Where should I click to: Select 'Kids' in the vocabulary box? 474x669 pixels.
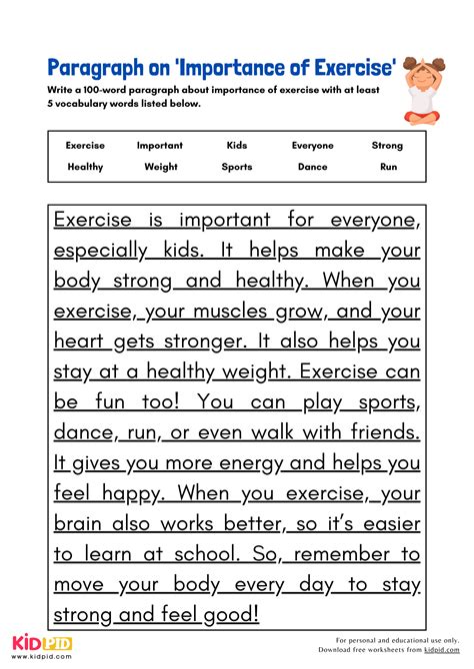[x=237, y=146]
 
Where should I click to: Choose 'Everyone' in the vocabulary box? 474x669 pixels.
[x=313, y=146]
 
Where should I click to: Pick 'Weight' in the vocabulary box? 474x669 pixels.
[x=161, y=167]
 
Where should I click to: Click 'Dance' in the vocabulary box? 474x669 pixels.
[x=312, y=167]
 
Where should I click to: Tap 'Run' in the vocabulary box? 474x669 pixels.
[x=388, y=167]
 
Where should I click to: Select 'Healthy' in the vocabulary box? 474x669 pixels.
[x=85, y=167]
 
